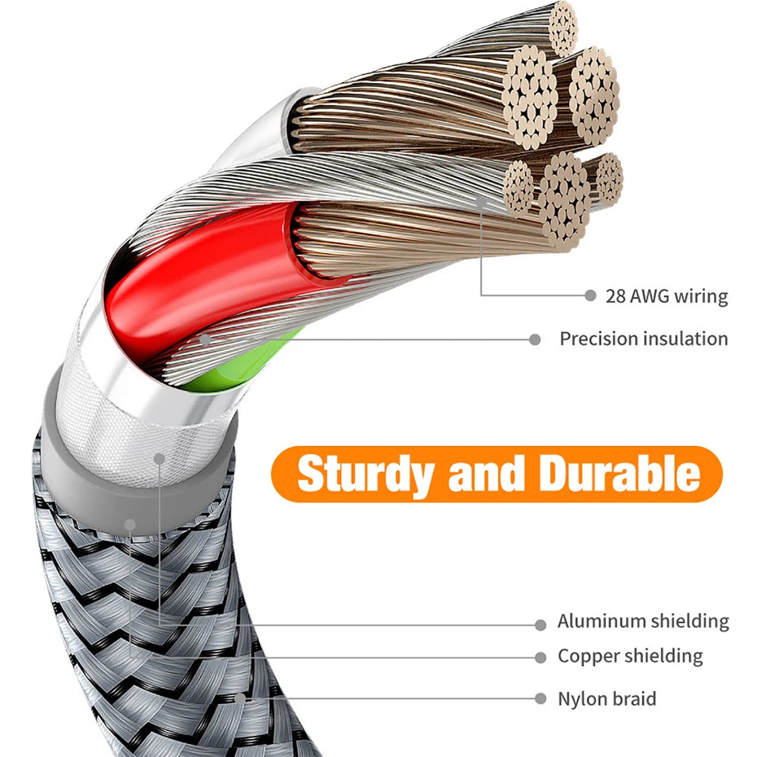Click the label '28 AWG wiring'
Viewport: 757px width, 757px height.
pyautogui.click(x=667, y=296)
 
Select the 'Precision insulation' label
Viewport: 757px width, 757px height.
pyautogui.click(x=644, y=339)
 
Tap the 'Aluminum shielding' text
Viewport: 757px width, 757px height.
pyautogui.click(x=643, y=621)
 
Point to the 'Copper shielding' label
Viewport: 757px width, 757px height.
pyautogui.click(x=630, y=656)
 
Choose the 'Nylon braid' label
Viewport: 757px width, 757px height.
pyautogui.click(x=607, y=698)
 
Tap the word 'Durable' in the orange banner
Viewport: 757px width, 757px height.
pyautogui.click(x=619, y=473)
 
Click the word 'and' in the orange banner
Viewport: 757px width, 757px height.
pyautogui.click(x=486, y=473)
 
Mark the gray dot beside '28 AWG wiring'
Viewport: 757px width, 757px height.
pyautogui.click(x=590, y=295)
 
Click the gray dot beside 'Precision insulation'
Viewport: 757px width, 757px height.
pyautogui.click(x=535, y=339)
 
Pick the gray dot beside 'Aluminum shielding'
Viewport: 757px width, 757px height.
pyautogui.click(x=540, y=625)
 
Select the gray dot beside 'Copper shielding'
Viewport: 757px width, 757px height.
pyautogui.click(x=540, y=658)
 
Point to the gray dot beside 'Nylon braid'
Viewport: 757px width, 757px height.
pyautogui.click(x=540, y=698)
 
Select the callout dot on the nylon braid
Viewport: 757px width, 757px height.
pyautogui.click(x=239, y=698)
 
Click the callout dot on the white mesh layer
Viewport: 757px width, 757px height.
pyautogui.click(x=160, y=458)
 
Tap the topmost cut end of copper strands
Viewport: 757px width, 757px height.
pyautogui.click(x=563, y=28)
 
